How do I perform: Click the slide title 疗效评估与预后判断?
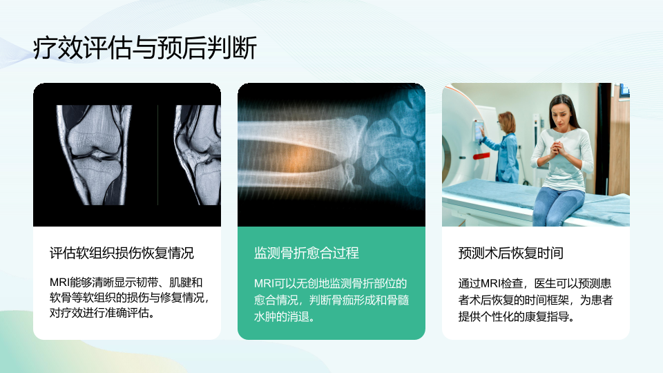pos(145,48)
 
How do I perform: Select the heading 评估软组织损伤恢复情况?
pos(122,253)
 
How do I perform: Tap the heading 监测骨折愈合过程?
pos(307,253)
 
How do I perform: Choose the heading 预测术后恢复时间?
pos(511,253)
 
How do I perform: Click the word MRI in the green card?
pos(264,283)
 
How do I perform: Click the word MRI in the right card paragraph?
pos(491,283)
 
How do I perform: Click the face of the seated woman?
pos(561,114)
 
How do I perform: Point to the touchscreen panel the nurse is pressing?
pos(479,131)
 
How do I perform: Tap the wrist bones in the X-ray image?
pos(391,146)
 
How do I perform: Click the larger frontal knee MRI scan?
pos(95,155)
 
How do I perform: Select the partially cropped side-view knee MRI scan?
pos(198,155)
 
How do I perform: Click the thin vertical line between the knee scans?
pos(157,155)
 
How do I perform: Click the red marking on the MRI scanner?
pos(481,156)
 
